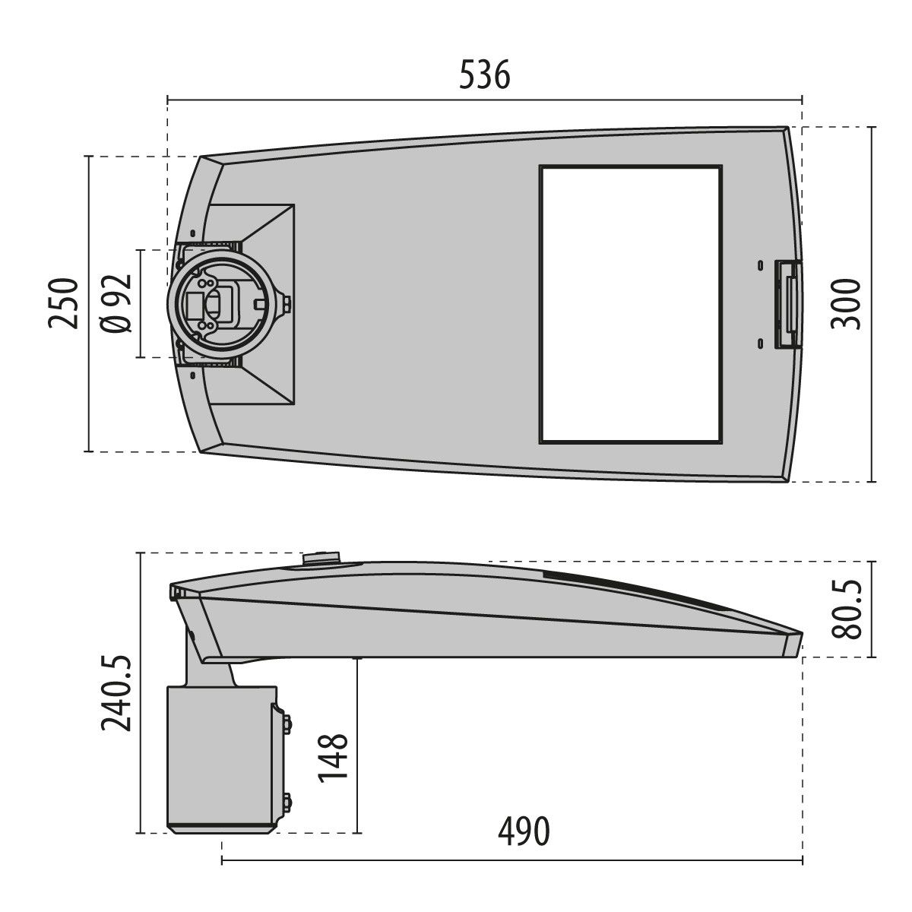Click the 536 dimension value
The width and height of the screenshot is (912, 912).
pos(485,76)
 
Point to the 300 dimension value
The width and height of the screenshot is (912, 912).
pos(845,303)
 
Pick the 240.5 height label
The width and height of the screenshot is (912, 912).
pos(118,693)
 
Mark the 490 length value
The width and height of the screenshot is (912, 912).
pos(523,832)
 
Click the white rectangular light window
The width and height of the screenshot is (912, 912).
pos(630,304)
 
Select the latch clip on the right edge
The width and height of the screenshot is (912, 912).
pos(787,304)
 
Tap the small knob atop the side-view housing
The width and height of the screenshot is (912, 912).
pos(323,559)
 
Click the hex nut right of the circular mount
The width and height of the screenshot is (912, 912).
pos(288,305)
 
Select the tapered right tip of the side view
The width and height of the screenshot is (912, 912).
pos(794,642)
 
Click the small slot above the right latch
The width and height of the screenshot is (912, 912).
pos(759,265)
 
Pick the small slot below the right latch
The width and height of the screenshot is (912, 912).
pos(759,343)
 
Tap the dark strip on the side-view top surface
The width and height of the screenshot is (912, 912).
pos(638,590)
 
